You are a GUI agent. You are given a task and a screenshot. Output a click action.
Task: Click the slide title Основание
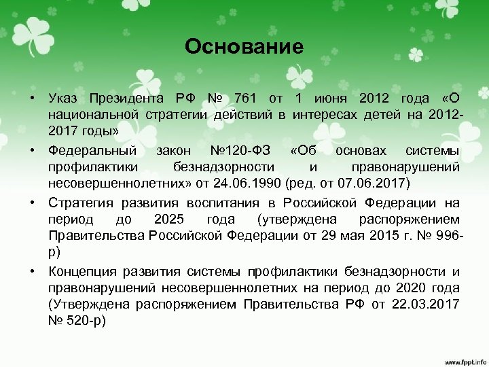click(244, 47)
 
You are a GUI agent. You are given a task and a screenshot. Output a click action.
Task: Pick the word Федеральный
click(92, 150)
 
